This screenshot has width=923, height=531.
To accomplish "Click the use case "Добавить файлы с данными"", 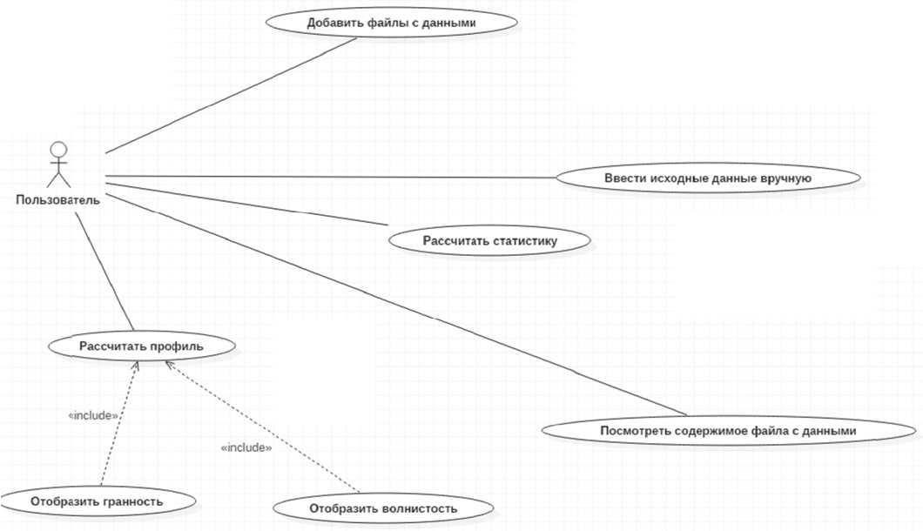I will coord(391,24).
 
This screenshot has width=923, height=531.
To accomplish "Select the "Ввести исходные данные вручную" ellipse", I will coord(708,178).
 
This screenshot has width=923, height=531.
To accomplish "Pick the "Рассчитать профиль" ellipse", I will coord(141,346).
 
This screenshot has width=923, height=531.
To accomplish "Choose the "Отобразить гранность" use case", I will coord(97,501).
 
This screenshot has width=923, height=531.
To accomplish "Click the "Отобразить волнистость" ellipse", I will coord(383,507).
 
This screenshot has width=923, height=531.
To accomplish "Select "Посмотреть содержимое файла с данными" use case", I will coord(728,431).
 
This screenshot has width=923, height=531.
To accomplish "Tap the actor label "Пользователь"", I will coord(57,200).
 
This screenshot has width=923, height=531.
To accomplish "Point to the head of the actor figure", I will coord(57,146).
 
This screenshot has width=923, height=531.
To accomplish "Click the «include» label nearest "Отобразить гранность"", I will coord(93,416).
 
